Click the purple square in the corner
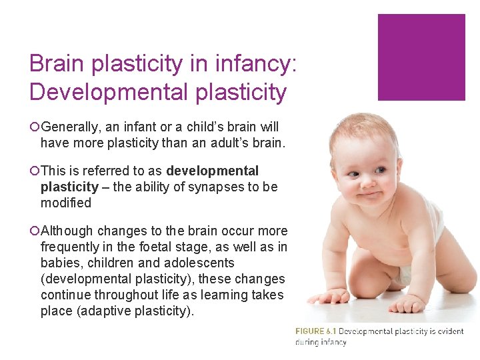pos(421,57)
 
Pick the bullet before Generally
pos(34,127)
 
